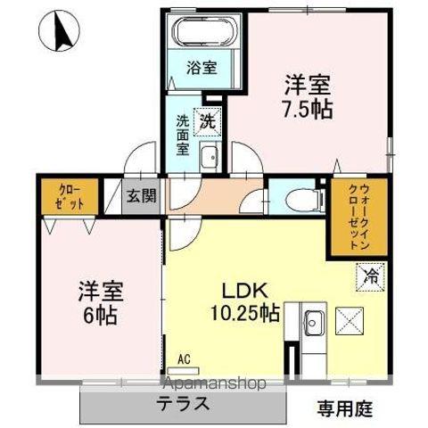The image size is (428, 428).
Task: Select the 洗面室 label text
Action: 182,135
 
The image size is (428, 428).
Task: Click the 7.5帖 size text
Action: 308,109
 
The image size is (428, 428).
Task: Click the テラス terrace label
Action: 185,403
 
